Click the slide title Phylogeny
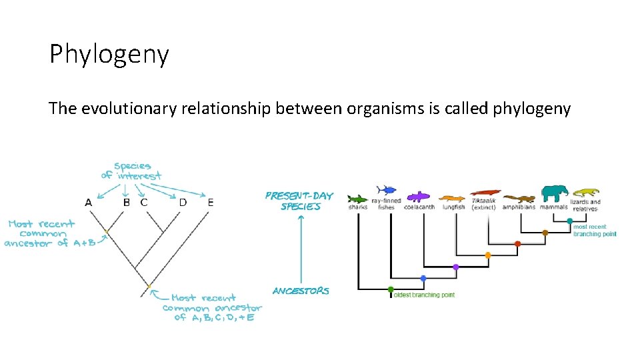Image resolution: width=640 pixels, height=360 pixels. pyautogui.click(x=109, y=55)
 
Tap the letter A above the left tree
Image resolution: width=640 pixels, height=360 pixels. pyautogui.click(x=88, y=202)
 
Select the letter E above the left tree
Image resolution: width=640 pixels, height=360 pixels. pyautogui.click(x=211, y=202)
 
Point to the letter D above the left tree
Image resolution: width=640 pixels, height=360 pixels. pyautogui.click(x=182, y=202)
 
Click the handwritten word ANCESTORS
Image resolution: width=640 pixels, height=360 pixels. pyautogui.click(x=301, y=291)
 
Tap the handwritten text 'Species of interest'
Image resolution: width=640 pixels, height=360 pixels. pyautogui.click(x=131, y=171)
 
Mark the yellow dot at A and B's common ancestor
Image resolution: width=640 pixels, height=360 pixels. pyautogui.click(x=105, y=232)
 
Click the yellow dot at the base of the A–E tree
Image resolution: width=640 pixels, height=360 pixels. pyautogui.click(x=149, y=287)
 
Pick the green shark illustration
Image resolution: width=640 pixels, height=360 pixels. pyautogui.click(x=358, y=198)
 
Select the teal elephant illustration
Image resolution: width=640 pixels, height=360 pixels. pyautogui.click(x=554, y=193)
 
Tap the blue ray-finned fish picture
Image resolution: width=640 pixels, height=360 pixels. pyautogui.click(x=386, y=190)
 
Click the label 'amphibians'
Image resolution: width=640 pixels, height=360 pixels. pyautogui.click(x=519, y=207)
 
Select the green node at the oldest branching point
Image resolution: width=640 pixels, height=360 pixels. pyautogui.click(x=390, y=290)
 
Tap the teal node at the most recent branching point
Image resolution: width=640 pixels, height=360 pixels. pyautogui.click(x=570, y=221)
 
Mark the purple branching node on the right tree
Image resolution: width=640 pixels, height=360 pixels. pyautogui.click(x=456, y=267)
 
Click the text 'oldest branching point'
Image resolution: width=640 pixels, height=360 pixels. pyautogui.click(x=424, y=295)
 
